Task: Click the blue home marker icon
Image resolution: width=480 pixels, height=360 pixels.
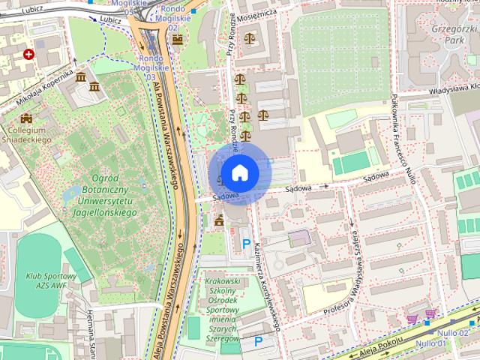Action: [238, 172]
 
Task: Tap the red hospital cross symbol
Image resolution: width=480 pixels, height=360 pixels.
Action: [28, 54]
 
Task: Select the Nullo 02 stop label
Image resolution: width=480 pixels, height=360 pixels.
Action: [454, 332]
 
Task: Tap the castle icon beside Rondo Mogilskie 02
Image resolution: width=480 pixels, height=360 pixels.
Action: [177, 39]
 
